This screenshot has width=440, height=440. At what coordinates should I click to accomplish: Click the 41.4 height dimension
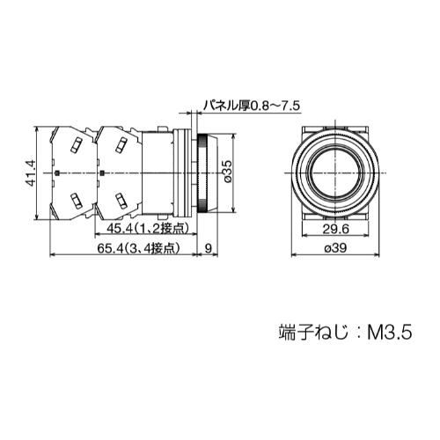coord(31,172)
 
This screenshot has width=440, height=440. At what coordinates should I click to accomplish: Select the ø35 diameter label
coord(227,172)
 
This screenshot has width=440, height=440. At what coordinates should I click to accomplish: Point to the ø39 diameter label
coord(334,249)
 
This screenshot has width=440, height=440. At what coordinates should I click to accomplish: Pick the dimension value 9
coord(206,249)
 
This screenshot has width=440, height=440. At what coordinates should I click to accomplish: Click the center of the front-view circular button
coord(334,172)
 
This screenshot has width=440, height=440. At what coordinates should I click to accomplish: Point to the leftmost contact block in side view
coord(72,172)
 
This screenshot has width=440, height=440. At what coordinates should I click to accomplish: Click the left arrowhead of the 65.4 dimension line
coord(53,256)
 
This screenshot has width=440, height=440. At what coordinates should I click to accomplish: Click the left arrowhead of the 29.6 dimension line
coord(304,235)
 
